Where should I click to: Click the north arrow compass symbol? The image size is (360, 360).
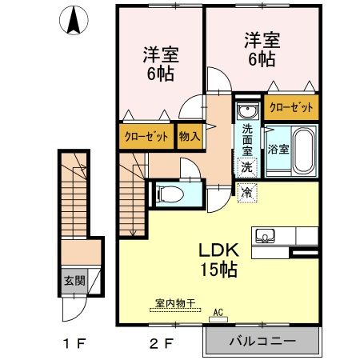point(73,20)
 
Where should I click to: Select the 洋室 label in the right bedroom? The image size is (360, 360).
point(261,38)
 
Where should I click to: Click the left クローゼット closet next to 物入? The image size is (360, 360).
point(146,137)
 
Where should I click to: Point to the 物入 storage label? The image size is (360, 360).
point(190,137)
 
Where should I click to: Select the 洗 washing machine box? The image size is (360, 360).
point(247,167)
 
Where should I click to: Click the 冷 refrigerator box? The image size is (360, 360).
point(247,192)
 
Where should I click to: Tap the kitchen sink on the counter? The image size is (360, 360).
point(266,236)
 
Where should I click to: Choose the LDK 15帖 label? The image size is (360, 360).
point(218,258)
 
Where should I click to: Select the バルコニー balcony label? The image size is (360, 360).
point(262,341)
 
